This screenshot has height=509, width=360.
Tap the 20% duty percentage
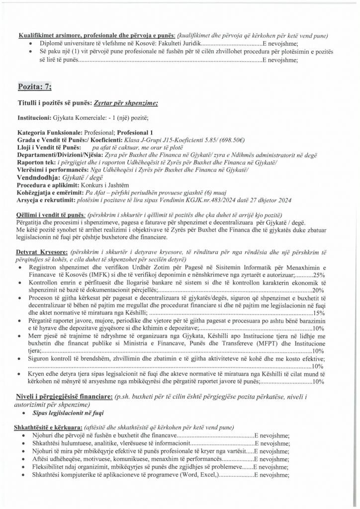pyautogui.click(x=319, y=290)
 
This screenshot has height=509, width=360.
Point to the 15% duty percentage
pyautogui.click(x=319, y=313)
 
